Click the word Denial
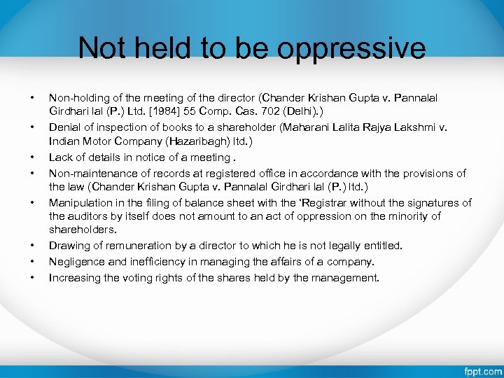pyautogui.click(x=65, y=127)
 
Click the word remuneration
pyautogui.click(x=132, y=246)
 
